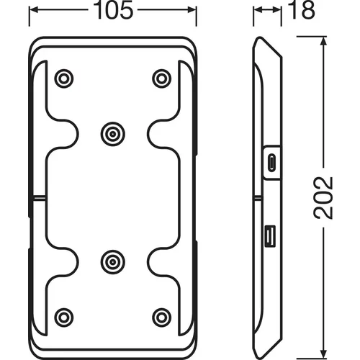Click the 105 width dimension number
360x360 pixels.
pyautogui.click(x=113, y=10)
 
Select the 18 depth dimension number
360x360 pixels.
pyautogui.click(x=301, y=10)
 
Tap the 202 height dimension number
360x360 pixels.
pyautogui.click(x=323, y=198)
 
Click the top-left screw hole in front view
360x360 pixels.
pyautogui.click(x=64, y=78)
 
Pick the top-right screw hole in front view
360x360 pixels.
pyautogui.click(x=162, y=78)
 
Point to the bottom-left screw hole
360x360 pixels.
pyautogui.click(x=64, y=318)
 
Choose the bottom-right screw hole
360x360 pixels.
pyautogui.click(x=162, y=318)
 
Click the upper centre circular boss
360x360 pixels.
pyautogui.click(x=112, y=134)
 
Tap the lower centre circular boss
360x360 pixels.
pyautogui.click(x=112, y=262)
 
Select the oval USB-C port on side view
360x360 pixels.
pyautogui.click(x=271, y=162)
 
